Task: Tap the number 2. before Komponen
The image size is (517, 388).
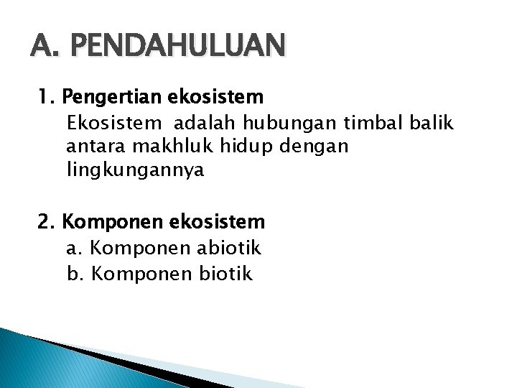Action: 47,221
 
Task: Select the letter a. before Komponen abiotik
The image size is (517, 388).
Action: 75,249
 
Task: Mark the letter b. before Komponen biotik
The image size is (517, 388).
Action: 75,273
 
